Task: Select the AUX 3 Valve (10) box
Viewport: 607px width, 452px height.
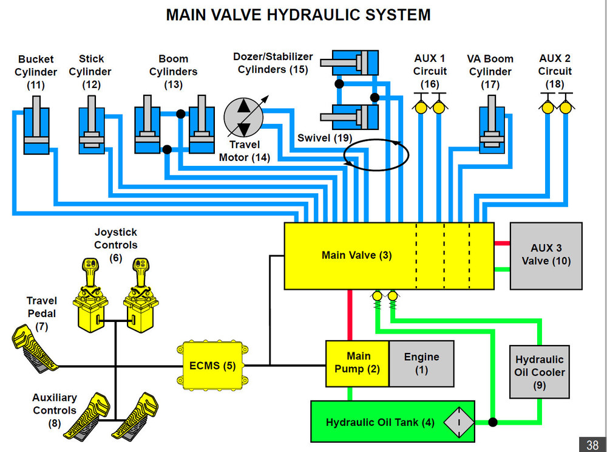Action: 546,255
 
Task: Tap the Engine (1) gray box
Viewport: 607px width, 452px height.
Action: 421,363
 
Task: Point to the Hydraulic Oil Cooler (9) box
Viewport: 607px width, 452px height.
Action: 539,372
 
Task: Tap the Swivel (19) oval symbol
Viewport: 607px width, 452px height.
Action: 375,154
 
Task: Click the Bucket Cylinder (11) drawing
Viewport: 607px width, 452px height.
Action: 36,131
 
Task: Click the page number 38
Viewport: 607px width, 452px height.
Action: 592,444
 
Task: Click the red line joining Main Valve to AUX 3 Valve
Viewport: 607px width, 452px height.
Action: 502,243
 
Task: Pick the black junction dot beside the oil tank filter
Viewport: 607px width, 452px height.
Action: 493,422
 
